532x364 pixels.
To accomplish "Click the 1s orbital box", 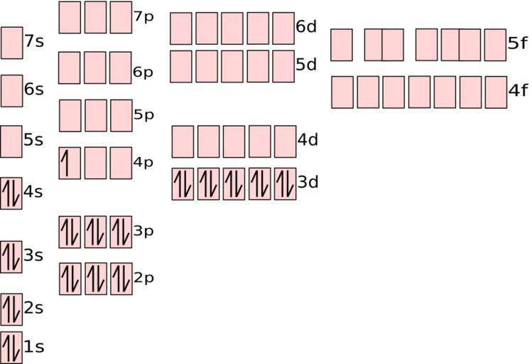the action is pos(11,348).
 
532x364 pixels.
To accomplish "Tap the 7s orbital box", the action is pos(12,43).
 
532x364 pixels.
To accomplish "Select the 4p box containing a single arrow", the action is pos(70,163).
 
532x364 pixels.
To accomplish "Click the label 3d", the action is pos(308,182).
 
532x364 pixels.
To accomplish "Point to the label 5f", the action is pos(518,43).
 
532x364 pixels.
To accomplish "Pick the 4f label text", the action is pos(518,91).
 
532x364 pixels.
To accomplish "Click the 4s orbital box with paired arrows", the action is pos(11,193).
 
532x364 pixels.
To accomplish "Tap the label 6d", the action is pos(306,26).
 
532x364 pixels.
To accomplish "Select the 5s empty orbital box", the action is pos(11,141).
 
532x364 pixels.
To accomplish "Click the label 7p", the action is pos(143,17).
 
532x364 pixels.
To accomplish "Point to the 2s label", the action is pos(33,309).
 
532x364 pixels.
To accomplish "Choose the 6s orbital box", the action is pos(12,91).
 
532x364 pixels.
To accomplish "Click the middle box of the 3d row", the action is pos(234,183).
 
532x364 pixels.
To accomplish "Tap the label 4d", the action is pos(308,139).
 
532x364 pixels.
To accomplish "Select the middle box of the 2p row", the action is pos(96,279).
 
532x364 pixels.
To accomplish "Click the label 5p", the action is pos(143,115).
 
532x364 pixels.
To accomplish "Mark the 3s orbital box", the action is pos(11,257).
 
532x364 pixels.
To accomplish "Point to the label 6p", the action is pos(143,73).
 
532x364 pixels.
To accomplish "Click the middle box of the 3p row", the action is pos(95,232).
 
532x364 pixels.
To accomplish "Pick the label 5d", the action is pos(306,65).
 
